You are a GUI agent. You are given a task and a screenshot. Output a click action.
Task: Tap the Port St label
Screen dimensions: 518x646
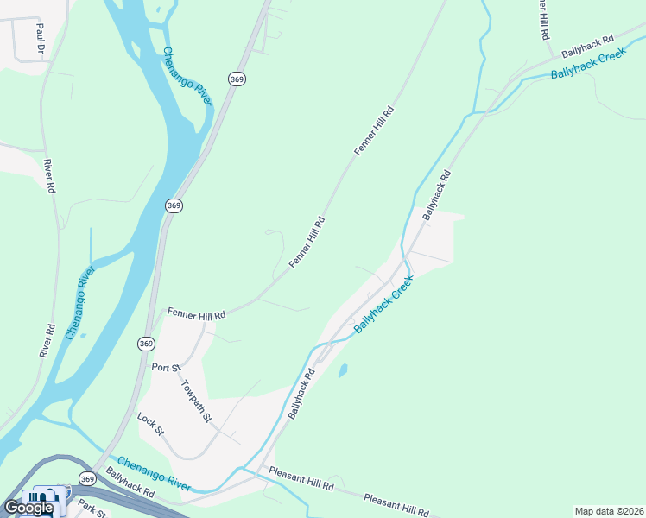(164, 367)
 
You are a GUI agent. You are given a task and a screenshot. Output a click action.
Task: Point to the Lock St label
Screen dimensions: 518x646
(150, 423)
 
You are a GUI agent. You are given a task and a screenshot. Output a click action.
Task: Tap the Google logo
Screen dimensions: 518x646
(28, 508)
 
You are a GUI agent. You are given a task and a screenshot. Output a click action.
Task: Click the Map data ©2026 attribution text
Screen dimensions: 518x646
(609, 511)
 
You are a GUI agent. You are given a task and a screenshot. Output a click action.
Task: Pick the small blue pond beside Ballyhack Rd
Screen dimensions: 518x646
(343, 371)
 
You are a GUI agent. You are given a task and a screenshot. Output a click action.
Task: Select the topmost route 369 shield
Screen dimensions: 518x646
(237, 79)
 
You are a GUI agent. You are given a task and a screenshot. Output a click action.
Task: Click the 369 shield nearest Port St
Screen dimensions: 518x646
(146, 344)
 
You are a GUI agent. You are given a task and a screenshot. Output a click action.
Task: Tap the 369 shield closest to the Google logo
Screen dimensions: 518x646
(86, 478)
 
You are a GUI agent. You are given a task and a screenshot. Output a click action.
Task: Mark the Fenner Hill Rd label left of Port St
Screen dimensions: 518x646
(196, 314)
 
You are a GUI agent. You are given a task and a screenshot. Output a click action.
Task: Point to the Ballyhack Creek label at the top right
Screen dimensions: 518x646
(588, 65)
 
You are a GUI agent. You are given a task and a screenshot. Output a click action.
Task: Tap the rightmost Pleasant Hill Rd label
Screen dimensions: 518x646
(396, 506)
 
